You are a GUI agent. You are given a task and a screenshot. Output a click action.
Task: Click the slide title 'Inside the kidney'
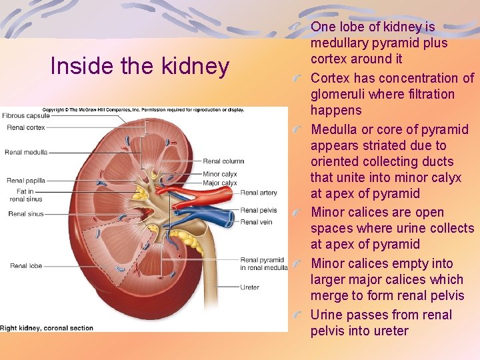coord(140,66)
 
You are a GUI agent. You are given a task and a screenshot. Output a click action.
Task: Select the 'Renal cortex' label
coord(25,127)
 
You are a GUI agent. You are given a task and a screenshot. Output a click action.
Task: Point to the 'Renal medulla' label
coord(25,152)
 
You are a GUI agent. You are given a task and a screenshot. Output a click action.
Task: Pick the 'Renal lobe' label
coord(26,266)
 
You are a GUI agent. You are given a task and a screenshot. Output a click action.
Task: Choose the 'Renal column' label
coord(223,161)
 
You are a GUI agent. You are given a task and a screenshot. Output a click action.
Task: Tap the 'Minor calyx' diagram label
coord(220,175)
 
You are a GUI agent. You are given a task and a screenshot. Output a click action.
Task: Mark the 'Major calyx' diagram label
coord(220,183)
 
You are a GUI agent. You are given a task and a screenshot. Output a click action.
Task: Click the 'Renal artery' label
coord(259,193)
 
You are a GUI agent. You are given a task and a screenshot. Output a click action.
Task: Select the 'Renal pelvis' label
coord(259,211)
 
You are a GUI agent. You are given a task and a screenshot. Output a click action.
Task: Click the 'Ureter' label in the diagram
coord(250,287)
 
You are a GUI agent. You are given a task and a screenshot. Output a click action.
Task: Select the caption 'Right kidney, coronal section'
coord(47,328)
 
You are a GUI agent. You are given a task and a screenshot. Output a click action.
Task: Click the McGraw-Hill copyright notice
coord(143,109)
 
